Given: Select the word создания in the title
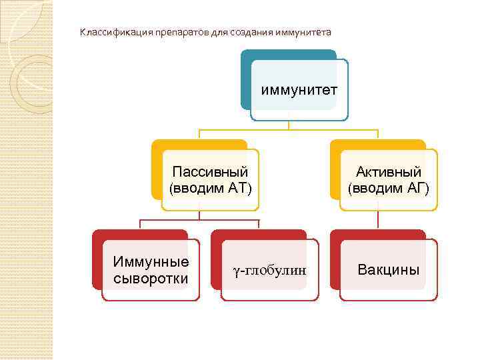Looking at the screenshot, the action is (251, 32).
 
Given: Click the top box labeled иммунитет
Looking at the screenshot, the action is (299, 89).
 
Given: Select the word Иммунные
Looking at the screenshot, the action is (151, 261).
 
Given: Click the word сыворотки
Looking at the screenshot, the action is (151, 277).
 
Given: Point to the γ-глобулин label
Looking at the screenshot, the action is (269, 270).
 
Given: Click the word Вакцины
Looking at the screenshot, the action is (389, 270).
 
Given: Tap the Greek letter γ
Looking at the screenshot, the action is (236, 271).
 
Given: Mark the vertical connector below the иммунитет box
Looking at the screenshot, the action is (289, 124).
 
